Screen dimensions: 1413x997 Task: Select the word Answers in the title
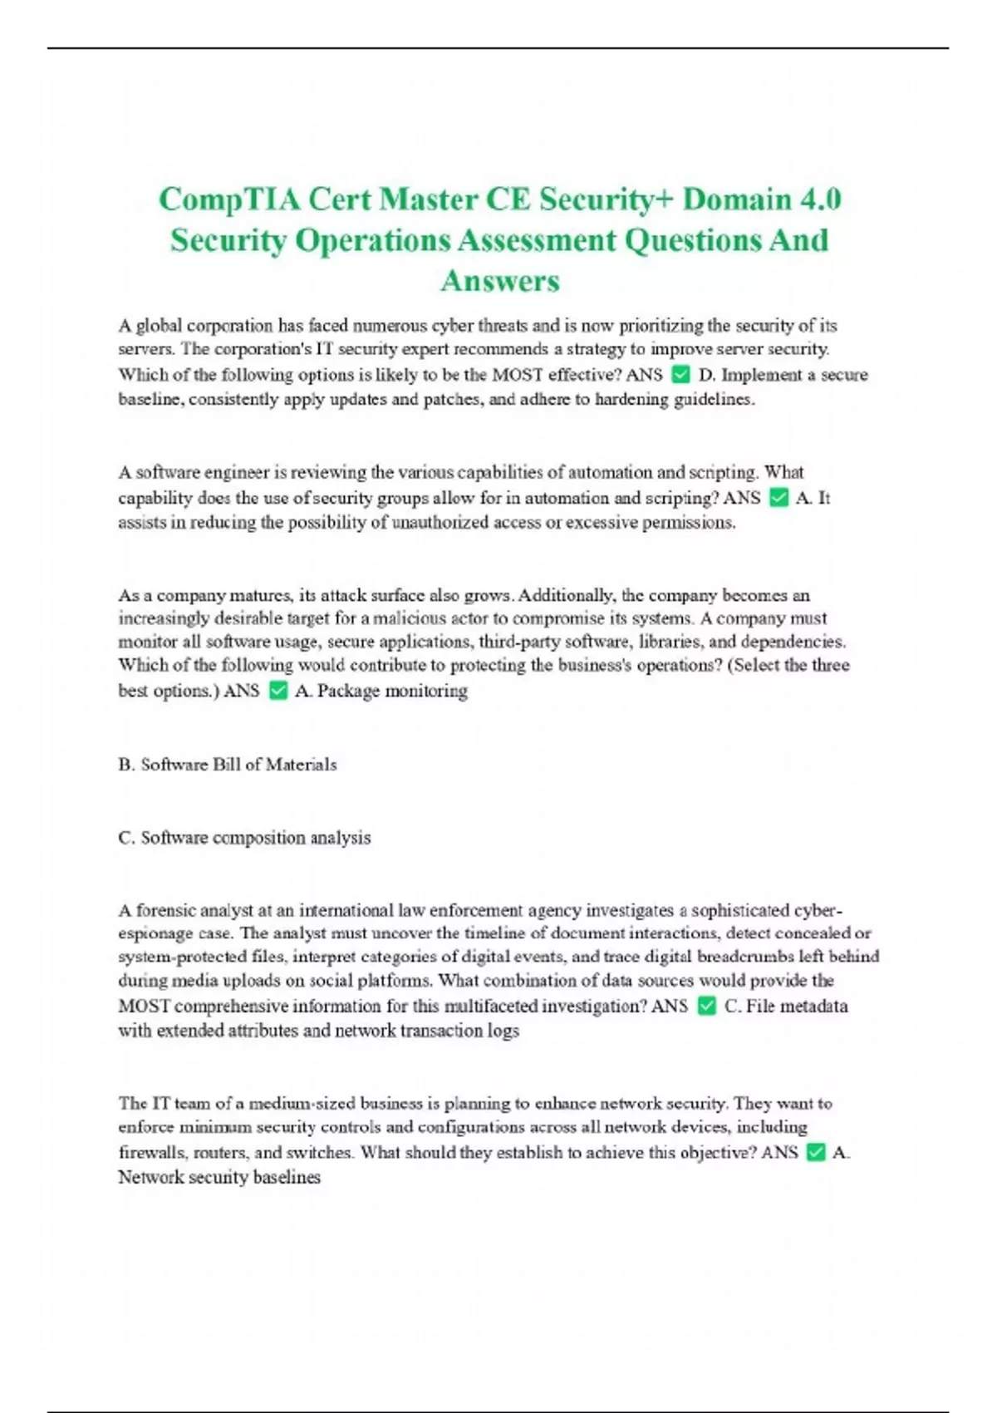[x=500, y=281]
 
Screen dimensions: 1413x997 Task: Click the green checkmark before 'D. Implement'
[x=680, y=375]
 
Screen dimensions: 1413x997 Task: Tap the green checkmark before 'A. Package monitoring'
[x=278, y=691]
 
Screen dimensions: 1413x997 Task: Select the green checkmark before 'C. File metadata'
[x=707, y=1007]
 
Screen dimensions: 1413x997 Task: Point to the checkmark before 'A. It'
[x=778, y=498]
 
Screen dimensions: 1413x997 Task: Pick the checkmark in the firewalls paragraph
[x=816, y=1153]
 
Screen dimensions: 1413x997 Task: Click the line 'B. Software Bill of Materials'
[x=228, y=765]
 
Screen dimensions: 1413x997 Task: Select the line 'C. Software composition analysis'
[x=244, y=838]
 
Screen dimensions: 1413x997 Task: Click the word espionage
[x=156, y=933]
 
